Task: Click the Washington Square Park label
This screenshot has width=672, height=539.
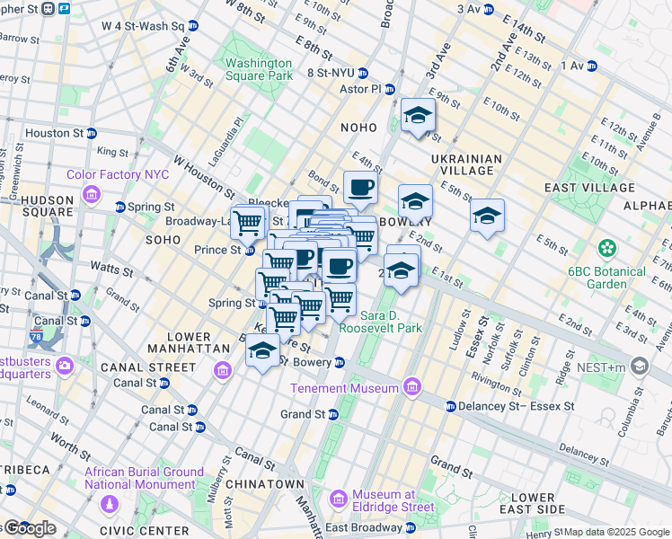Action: point(259,69)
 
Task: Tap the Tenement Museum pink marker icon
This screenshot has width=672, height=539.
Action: point(411,388)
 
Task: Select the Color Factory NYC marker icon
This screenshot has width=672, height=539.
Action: point(92,194)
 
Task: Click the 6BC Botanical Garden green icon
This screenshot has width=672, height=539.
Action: point(608,247)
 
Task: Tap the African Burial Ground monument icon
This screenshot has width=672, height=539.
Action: point(110,505)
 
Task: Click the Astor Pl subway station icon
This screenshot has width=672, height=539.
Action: point(390,90)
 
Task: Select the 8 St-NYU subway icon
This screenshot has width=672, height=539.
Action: point(363,73)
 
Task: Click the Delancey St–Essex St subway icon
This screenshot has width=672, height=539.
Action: point(451,406)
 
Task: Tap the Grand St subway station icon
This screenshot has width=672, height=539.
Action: point(332,414)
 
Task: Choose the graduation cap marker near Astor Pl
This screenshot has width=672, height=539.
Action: point(418,115)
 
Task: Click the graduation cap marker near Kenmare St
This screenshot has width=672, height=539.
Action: point(262,350)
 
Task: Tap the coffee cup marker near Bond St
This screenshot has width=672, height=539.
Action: point(360,187)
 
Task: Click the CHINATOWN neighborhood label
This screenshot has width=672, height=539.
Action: point(265,483)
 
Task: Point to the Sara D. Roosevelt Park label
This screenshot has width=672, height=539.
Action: point(391,322)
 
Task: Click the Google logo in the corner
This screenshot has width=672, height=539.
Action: point(30,528)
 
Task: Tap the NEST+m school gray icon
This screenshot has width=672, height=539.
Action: point(639,366)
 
